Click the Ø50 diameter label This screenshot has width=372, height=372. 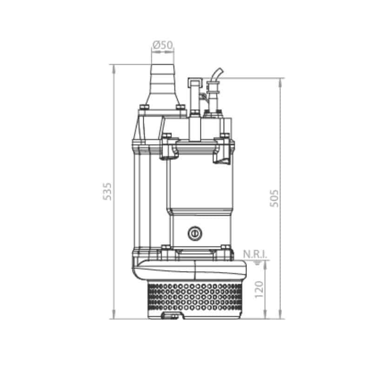163,45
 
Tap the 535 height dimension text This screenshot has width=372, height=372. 107,191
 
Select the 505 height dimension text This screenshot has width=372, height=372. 274,198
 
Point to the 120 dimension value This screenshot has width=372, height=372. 259,289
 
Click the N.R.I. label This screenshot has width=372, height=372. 255,254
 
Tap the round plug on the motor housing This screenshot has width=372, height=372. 195,233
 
